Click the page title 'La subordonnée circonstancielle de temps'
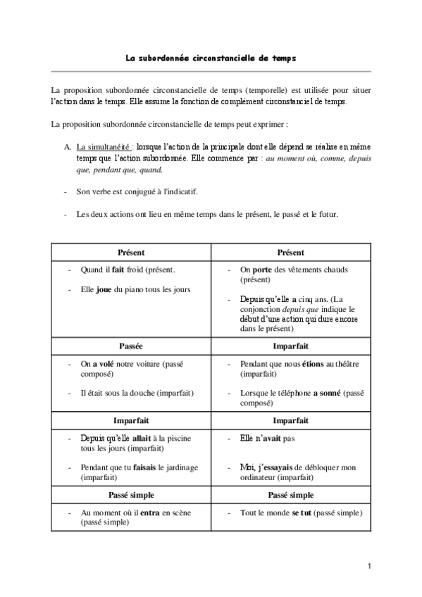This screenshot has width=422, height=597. click(x=211, y=59)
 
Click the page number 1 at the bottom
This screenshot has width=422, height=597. click(x=368, y=565)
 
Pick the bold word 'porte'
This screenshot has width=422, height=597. click(x=265, y=270)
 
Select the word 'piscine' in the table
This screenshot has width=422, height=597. click(x=178, y=438)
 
